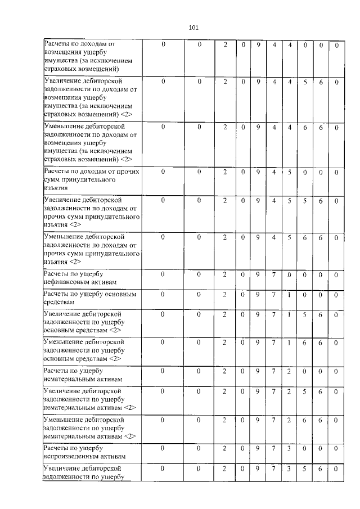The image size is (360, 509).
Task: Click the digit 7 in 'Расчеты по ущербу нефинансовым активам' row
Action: coord(273,274)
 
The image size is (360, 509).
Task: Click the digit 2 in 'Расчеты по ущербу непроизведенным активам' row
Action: coord(224,448)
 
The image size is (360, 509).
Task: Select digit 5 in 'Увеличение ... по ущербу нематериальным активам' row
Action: coord(304,390)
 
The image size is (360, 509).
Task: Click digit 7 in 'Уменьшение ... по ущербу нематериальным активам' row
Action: coord(273,420)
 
